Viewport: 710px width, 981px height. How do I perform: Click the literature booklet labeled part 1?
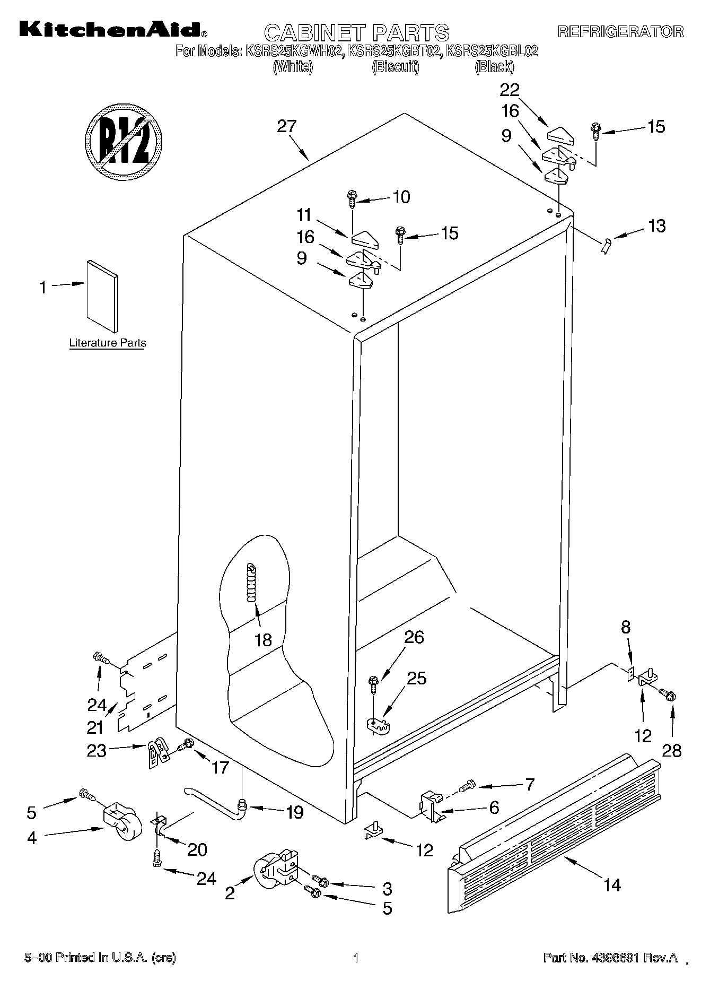[x=102, y=296]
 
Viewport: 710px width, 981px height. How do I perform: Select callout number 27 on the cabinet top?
[x=287, y=126]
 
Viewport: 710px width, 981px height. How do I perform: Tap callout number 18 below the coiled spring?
[x=263, y=640]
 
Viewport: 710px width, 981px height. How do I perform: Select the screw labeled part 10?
[x=352, y=198]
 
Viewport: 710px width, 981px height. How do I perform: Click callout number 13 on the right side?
[x=656, y=226]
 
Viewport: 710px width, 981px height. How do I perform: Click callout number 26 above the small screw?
[x=414, y=637]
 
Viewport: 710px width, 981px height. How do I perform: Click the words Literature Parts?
[x=108, y=343]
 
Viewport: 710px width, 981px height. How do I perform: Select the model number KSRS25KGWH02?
[x=289, y=51]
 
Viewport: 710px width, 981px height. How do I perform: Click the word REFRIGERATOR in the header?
[x=620, y=31]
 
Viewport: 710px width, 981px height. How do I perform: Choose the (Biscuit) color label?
[x=395, y=67]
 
